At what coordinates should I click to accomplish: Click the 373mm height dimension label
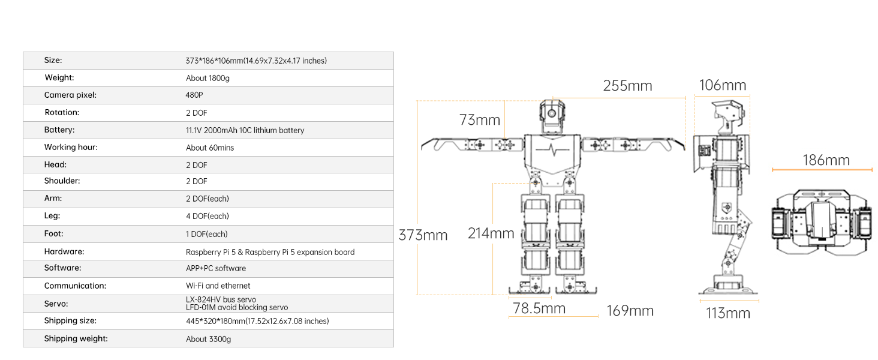tap(423, 235)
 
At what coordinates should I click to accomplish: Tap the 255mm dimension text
tap(627, 86)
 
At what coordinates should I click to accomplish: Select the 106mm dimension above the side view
tap(723, 86)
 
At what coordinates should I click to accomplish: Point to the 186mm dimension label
tap(826, 160)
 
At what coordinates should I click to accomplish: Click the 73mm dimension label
tap(479, 120)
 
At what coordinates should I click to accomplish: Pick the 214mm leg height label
tap(491, 233)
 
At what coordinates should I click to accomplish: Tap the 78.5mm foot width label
tap(539, 308)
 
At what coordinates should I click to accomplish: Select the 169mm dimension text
tap(630, 311)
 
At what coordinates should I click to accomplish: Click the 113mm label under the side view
tap(727, 313)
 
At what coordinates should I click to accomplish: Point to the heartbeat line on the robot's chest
tap(552, 149)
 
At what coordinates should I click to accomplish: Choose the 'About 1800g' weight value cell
tap(208, 78)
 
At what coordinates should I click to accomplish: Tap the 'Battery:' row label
tap(59, 130)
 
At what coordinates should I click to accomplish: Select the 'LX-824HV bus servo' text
tap(221, 299)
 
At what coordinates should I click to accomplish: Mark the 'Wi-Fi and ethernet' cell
tap(218, 286)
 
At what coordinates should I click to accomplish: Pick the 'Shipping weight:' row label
tap(76, 338)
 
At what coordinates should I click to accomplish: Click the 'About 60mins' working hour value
tap(210, 148)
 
